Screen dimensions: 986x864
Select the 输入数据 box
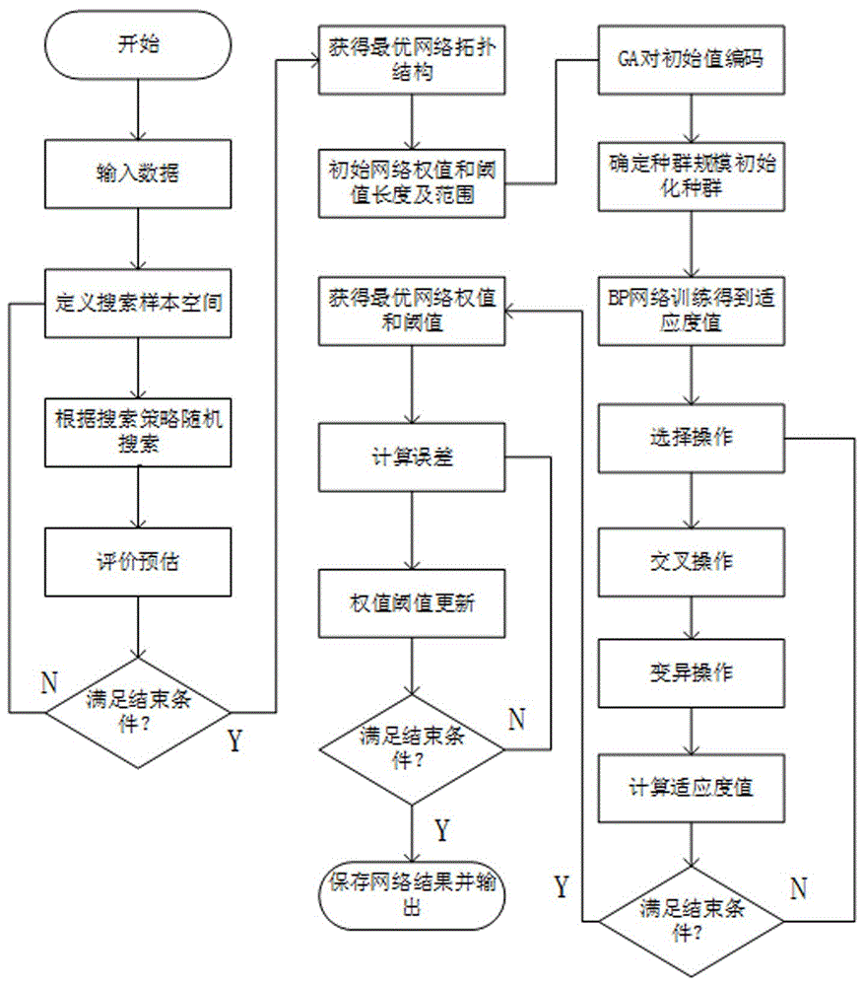[138, 175]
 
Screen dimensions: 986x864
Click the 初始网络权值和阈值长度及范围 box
[412, 182]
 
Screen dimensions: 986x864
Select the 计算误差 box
[412, 458]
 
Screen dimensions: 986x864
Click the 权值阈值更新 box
[412, 602]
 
